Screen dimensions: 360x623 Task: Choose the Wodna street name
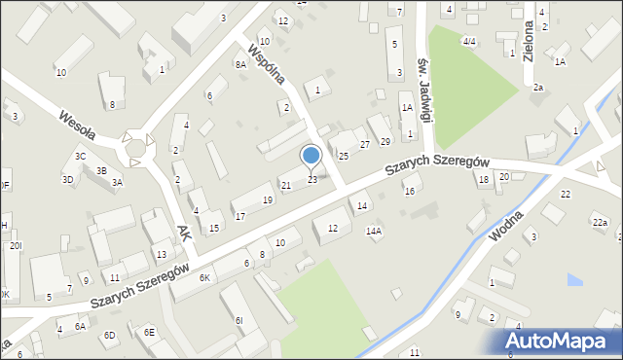pyautogui.click(x=508, y=234)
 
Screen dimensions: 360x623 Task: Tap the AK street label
pyautogui.click(x=185, y=232)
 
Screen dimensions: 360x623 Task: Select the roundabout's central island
pyautogui.click(x=136, y=149)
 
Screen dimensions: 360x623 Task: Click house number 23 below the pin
pyautogui.click(x=312, y=180)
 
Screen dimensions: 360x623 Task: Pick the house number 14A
pyautogui.click(x=373, y=232)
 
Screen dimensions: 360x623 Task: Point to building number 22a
pyautogui.click(x=600, y=224)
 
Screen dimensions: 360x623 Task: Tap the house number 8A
pyautogui.click(x=240, y=64)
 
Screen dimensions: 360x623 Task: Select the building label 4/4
pyautogui.click(x=469, y=42)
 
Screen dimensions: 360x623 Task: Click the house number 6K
pyautogui.click(x=204, y=278)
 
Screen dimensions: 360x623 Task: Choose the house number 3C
pyautogui.click(x=81, y=156)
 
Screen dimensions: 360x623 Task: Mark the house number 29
pyautogui.click(x=385, y=143)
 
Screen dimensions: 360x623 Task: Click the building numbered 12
pyautogui.click(x=333, y=228)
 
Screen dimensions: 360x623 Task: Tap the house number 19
pyautogui.click(x=268, y=200)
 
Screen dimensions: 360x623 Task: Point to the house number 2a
pyautogui.click(x=537, y=88)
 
